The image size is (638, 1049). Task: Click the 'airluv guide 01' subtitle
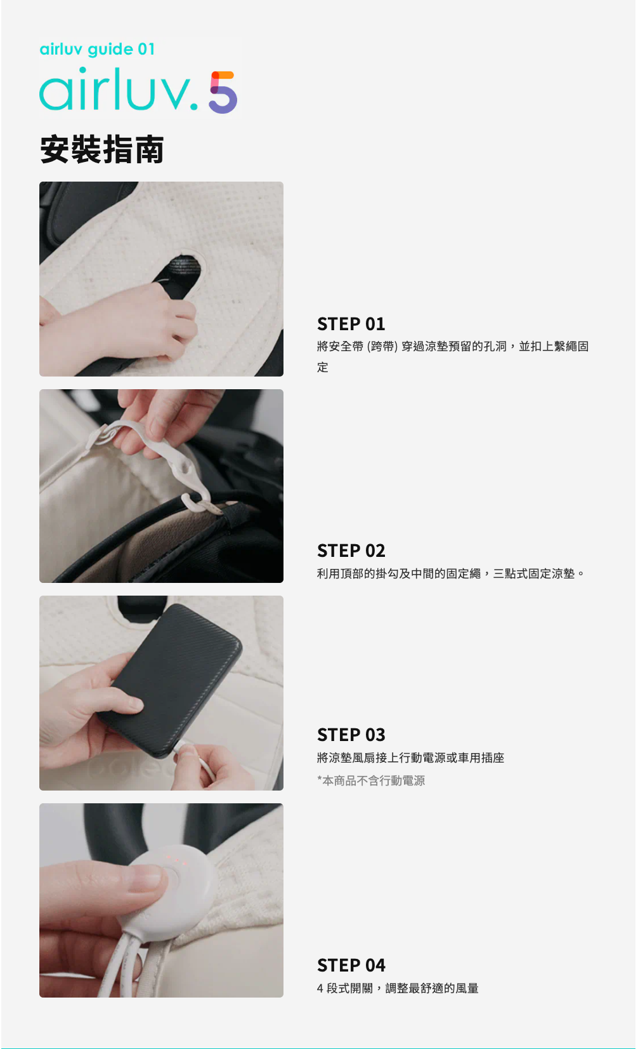(97, 49)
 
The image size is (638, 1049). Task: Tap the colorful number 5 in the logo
(223, 92)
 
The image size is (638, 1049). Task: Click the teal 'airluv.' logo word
(119, 89)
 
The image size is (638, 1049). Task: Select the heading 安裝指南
(102, 149)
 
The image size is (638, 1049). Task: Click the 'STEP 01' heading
(351, 324)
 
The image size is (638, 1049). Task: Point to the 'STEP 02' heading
(351, 551)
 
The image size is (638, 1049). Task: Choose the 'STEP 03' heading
(351, 735)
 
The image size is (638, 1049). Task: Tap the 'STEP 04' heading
(351, 965)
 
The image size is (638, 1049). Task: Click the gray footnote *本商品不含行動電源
(371, 780)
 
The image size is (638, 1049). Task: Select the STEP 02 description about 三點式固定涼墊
(451, 573)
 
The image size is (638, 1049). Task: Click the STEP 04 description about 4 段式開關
(398, 989)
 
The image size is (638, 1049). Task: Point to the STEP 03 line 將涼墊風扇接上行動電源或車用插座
(411, 758)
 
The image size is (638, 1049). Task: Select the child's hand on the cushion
(122, 323)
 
